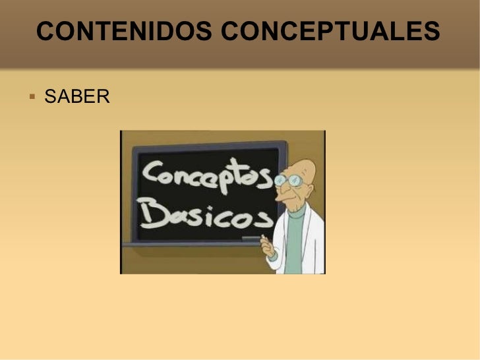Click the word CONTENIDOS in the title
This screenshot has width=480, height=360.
point(125,31)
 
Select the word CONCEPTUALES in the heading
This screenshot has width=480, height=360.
point(330,31)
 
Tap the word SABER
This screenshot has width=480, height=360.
point(76,98)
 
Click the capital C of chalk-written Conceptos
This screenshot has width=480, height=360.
point(154,175)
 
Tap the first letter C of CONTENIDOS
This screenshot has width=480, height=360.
point(45,31)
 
